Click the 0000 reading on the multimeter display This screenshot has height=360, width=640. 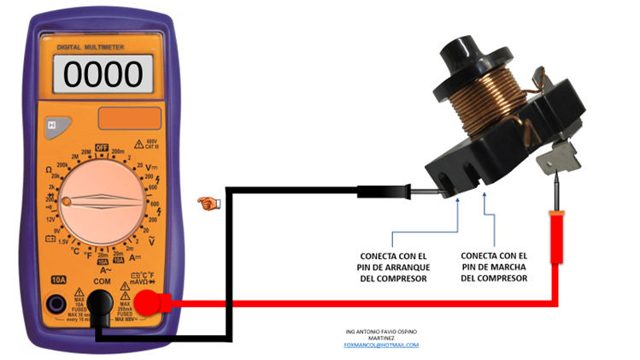[103, 74]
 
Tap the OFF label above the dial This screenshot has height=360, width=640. [102, 148]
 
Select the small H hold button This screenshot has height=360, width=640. [52, 126]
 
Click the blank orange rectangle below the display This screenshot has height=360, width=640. [130, 118]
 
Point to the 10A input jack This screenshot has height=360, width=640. [58, 302]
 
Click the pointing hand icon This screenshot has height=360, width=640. [207, 203]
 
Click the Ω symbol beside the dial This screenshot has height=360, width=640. [50, 169]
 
